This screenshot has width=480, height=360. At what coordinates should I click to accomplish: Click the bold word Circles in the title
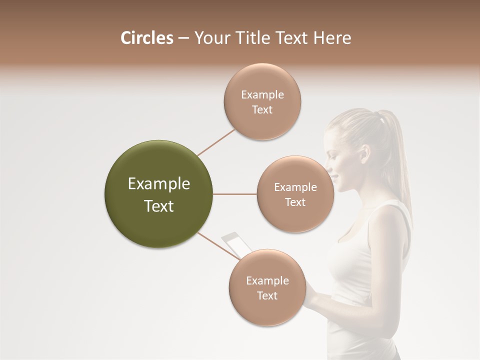click(x=146, y=38)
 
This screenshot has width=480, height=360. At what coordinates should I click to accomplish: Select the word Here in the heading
click(x=332, y=38)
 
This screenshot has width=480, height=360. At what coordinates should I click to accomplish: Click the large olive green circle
click(x=159, y=194)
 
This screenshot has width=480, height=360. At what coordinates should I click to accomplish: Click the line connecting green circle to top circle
click(x=216, y=142)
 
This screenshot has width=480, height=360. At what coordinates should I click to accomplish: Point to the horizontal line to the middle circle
click(x=235, y=194)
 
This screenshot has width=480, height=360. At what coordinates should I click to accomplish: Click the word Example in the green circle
click(x=159, y=184)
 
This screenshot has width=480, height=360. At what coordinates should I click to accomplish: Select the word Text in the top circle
click(x=262, y=110)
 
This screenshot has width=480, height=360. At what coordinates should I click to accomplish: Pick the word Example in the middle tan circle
click(x=295, y=187)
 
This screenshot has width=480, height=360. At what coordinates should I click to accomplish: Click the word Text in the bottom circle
click(x=267, y=295)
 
